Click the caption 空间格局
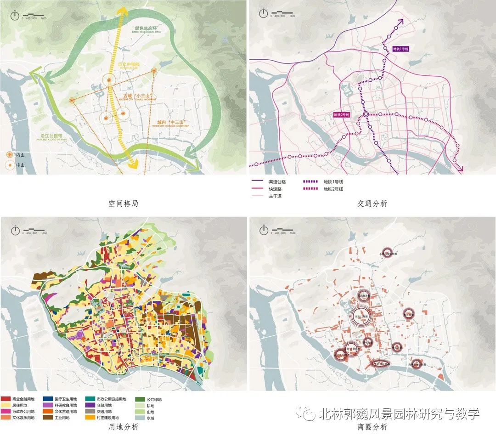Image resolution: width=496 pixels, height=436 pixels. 124,203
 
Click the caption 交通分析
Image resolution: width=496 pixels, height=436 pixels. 372,203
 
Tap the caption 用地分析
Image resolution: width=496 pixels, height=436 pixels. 124,426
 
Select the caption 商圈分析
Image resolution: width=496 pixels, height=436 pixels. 372,426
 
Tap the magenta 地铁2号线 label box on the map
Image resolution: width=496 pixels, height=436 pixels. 342,114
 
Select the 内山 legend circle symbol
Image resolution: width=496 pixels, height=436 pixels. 10,155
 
